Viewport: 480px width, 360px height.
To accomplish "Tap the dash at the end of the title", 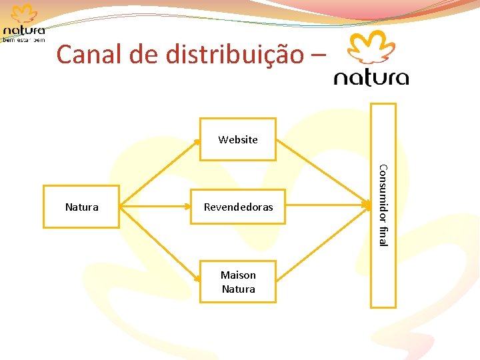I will pyautogui.click(x=319, y=56).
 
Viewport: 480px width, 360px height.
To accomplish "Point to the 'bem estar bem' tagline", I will pyautogui.click(x=25, y=39).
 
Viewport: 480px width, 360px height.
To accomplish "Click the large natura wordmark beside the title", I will pyautogui.click(x=371, y=78).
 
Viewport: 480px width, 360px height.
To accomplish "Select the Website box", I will pyautogui.click(x=238, y=139).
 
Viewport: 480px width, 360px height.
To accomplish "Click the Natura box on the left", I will pyautogui.click(x=81, y=207).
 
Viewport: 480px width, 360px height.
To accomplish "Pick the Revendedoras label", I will pyautogui.click(x=238, y=207).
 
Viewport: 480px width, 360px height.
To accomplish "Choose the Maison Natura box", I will pyautogui.click(x=238, y=282).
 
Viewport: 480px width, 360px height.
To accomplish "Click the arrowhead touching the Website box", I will pyautogui.click(x=198, y=141).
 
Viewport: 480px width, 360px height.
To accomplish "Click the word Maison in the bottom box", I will pyautogui.click(x=238, y=275).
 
